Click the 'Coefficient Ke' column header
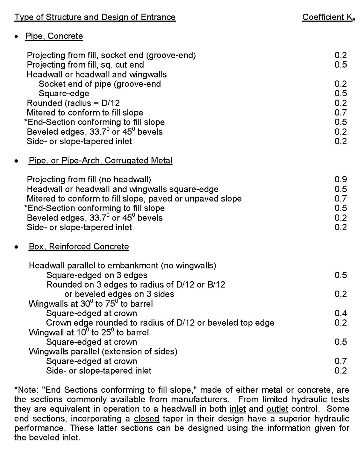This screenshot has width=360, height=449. pyautogui.click(x=328, y=17)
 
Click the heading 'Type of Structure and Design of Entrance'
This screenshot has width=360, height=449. pyautogui.click(x=95, y=17)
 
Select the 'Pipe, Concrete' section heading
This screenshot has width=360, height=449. pyautogui.click(x=54, y=36)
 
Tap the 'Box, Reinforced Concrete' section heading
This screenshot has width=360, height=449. pyautogui.click(x=79, y=247)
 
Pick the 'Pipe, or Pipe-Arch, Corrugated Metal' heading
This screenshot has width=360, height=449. pyautogui.click(x=100, y=161)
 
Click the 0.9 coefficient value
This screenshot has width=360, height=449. pyautogui.click(x=341, y=179)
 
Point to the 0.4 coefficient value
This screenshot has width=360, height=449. pyautogui.click(x=341, y=313)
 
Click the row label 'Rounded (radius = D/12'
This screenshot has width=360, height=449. pyautogui.click(x=73, y=103)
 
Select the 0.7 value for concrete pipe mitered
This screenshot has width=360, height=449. pyautogui.click(x=341, y=113)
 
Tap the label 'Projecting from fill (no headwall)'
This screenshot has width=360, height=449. pyautogui.click(x=89, y=179)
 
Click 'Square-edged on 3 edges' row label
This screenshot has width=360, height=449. pyautogui.click(x=97, y=275)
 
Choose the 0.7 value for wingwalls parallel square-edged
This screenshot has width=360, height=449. pyautogui.click(x=341, y=361)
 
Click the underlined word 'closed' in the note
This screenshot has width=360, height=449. pyautogui.click(x=147, y=419)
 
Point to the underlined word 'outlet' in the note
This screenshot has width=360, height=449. pyautogui.click(x=277, y=409)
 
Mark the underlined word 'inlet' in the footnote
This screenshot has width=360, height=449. pyautogui.click(x=237, y=409)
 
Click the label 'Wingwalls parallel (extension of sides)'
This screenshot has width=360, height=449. pyautogui.click(x=103, y=352)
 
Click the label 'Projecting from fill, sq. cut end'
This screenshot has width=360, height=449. pyautogui.click(x=85, y=65)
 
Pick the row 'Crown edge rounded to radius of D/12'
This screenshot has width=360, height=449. pyautogui.click(x=160, y=323)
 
